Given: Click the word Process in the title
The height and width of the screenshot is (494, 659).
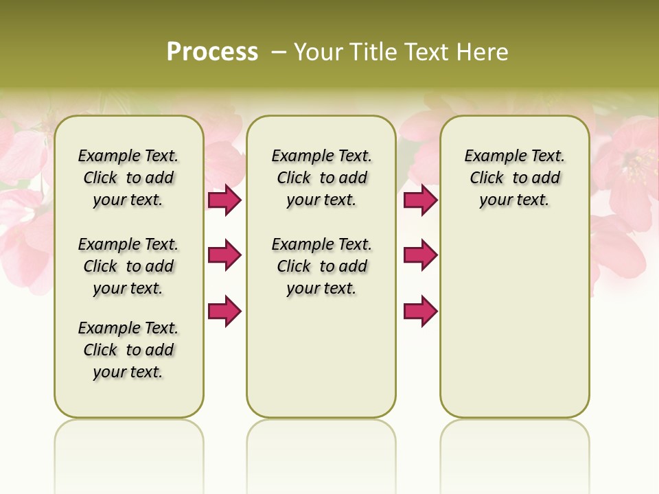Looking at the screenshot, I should (x=212, y=52).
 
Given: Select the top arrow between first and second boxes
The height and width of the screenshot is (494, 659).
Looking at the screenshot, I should (x=224, y=200).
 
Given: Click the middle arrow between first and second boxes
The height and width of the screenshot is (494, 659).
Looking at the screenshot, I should (x=224, y=255).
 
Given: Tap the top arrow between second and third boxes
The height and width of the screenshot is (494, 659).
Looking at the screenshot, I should (x=420, y=200).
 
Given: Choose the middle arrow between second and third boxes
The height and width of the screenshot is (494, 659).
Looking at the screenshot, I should (x=420, y=255).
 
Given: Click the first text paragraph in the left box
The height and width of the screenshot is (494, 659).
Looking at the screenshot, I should (x=128, y=178).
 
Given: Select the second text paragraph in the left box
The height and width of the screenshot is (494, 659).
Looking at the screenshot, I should (x=128, y=266).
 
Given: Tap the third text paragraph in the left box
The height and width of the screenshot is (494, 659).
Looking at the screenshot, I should (x=128, y=350).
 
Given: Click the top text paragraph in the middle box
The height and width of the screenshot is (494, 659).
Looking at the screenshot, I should (x=321, y=178).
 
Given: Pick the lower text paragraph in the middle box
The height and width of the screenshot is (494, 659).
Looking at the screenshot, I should (x=321, y=266).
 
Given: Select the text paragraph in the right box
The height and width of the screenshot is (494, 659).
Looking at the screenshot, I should (x=514, y=178).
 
